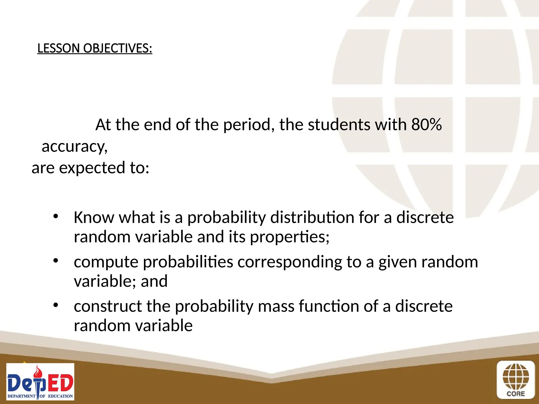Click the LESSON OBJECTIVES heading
click(x=95, y=48)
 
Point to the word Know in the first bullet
click(x=94, y=218)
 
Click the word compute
click(x=106, y=262)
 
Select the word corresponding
click(x=290, y=262)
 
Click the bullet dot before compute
click(x=55, y=261)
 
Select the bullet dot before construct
click(x=55, y=305)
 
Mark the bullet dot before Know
click(x=55, y=216)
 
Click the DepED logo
click(x=40, y=382)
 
